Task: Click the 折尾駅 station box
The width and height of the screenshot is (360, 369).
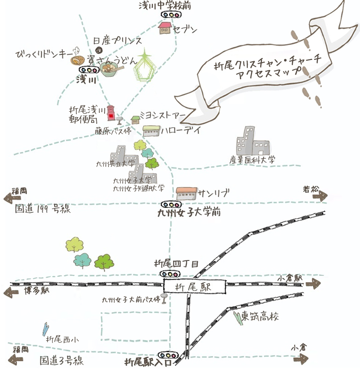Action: point(195,287)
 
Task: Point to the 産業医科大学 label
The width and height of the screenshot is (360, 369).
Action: point(252,160)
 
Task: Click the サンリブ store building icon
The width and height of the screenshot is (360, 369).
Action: point(187,193)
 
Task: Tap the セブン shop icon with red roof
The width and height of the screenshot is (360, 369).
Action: point(165,28)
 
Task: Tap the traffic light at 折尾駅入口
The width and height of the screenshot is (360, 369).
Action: point(167,354)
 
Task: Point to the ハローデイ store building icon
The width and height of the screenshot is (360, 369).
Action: point(151,131)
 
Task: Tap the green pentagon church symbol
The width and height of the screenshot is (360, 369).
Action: point(144,67)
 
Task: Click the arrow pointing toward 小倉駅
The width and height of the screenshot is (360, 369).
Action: point(311,284)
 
